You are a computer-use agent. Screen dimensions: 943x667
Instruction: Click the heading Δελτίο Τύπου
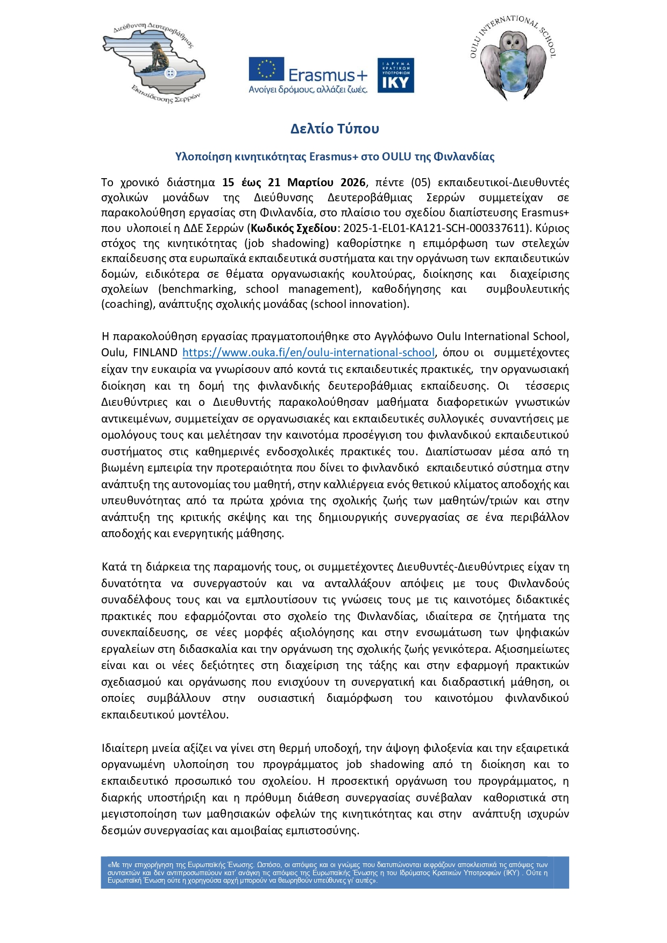[335, 129]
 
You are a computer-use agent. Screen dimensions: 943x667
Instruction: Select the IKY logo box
[395, 75]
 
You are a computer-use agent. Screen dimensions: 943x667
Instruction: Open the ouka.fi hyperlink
[308, 353]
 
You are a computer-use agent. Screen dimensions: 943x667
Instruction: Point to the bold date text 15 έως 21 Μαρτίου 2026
[294, 182]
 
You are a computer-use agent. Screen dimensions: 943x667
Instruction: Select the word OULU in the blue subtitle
[396, 157]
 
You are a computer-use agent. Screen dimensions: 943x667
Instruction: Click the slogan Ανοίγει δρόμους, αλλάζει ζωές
[308, 89]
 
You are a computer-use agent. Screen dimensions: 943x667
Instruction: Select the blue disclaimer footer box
[335, 872]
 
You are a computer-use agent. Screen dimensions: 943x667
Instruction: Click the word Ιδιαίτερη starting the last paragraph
[124, 748]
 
